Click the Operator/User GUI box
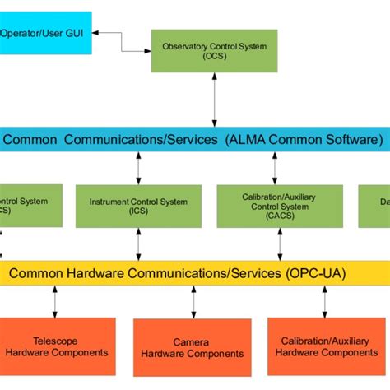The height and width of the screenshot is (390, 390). (x=45, y=34)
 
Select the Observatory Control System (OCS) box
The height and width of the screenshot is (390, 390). (x=215, y=52)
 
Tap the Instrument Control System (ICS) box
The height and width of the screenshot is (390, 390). (x=138, y=206)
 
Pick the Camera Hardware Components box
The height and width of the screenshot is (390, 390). (x=191, y=348)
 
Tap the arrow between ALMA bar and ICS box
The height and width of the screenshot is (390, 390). (x=138, y=168)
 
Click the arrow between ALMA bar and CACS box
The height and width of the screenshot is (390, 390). (x=274, y=168)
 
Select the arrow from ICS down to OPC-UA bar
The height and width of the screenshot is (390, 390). (x=138, y=244)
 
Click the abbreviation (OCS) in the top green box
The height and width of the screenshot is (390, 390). (x=215, y=58)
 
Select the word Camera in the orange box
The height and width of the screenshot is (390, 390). (x=191, y=342)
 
